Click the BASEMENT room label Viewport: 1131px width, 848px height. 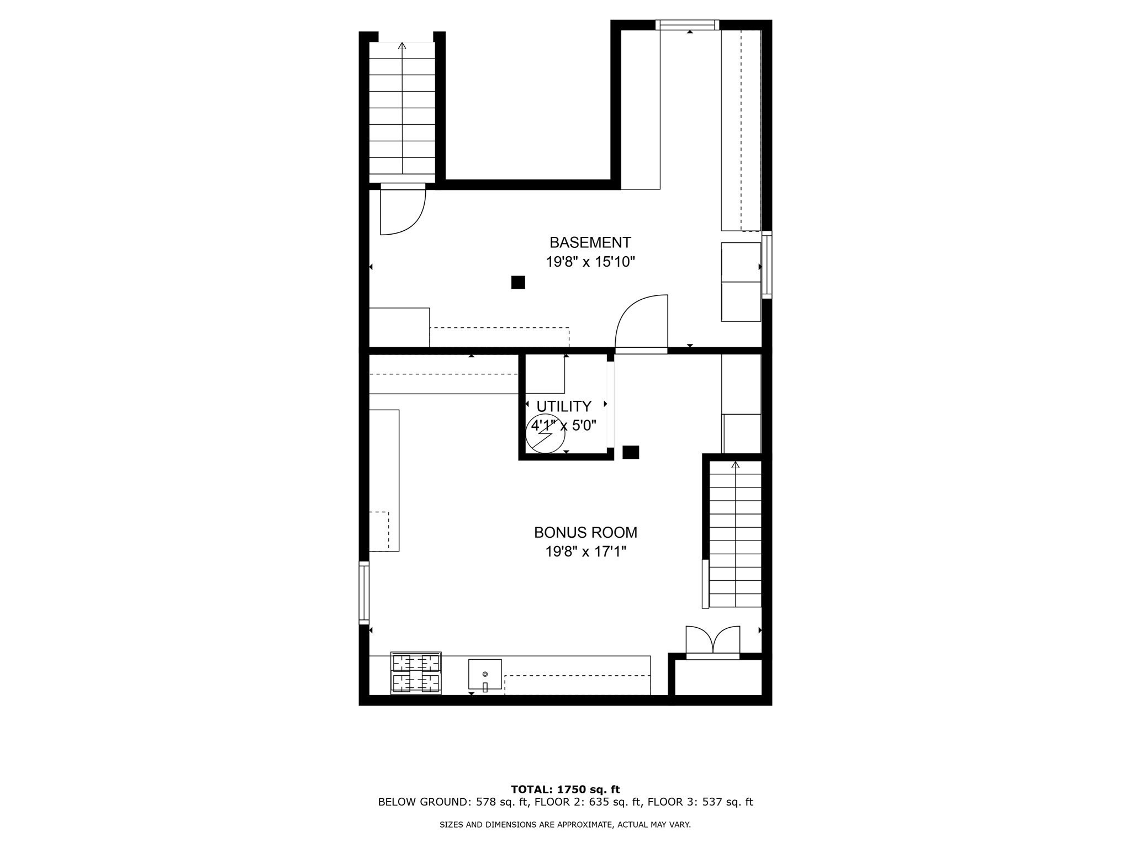(x=590, y=242)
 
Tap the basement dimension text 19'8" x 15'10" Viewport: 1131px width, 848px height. (x=590, y=262)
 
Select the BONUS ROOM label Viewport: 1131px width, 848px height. (x=585, y=532)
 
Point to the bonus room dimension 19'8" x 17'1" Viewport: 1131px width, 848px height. (x=585, y=552)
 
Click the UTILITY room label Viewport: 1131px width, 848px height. (x=564, y=406)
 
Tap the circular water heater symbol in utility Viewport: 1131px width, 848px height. (x=545, y=434)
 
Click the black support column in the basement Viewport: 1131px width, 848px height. (x=518, y=282)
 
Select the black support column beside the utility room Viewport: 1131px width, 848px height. (x=631, y=452)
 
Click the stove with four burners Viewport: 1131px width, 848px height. (x=416, y=672)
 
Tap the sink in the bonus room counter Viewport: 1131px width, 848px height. (x=485, y=674)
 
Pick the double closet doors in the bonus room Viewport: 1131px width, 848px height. (x=713, y=640)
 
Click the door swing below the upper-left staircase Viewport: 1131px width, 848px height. (x=403, y=212)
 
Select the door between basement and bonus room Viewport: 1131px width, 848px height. (x=642, y=324)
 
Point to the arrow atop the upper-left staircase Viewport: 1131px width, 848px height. (x=402, y=46)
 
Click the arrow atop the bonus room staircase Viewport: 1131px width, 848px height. (x=735, y=465)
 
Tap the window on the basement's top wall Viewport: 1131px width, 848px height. (x=687, y=25)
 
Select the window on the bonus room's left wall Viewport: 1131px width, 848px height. (x=364, y=593)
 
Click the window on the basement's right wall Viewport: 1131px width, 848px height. (x=767, y=265)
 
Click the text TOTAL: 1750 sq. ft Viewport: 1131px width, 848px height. (x=565, y=789)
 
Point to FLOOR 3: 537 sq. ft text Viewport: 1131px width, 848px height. (x=700, y=802)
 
